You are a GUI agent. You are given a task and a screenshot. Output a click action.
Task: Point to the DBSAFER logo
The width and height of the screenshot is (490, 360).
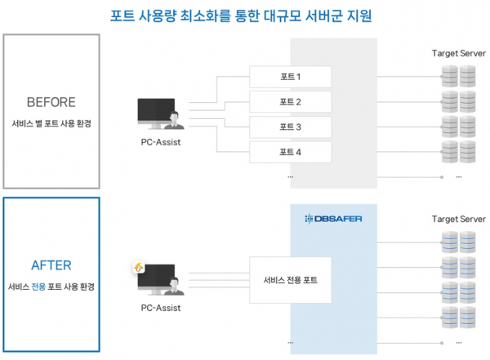[x=333, y=218]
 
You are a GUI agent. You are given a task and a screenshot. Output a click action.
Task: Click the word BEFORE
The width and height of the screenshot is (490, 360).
[x=51, y=102]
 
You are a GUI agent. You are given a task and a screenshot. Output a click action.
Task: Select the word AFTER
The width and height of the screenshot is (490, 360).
[x=51, y=264]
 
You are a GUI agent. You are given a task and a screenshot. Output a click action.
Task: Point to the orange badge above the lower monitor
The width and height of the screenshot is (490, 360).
[x=140, y=267]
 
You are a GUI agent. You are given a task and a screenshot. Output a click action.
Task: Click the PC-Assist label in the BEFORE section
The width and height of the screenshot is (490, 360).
[x=160, y=143]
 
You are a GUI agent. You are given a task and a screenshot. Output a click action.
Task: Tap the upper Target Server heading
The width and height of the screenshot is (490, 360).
[x=458, y=54]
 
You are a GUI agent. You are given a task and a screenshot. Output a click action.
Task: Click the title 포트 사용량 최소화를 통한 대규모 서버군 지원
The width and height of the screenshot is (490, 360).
[x=245, y=16]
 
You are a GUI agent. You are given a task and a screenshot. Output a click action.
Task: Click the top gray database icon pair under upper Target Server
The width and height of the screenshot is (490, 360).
[x=458, y=77]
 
